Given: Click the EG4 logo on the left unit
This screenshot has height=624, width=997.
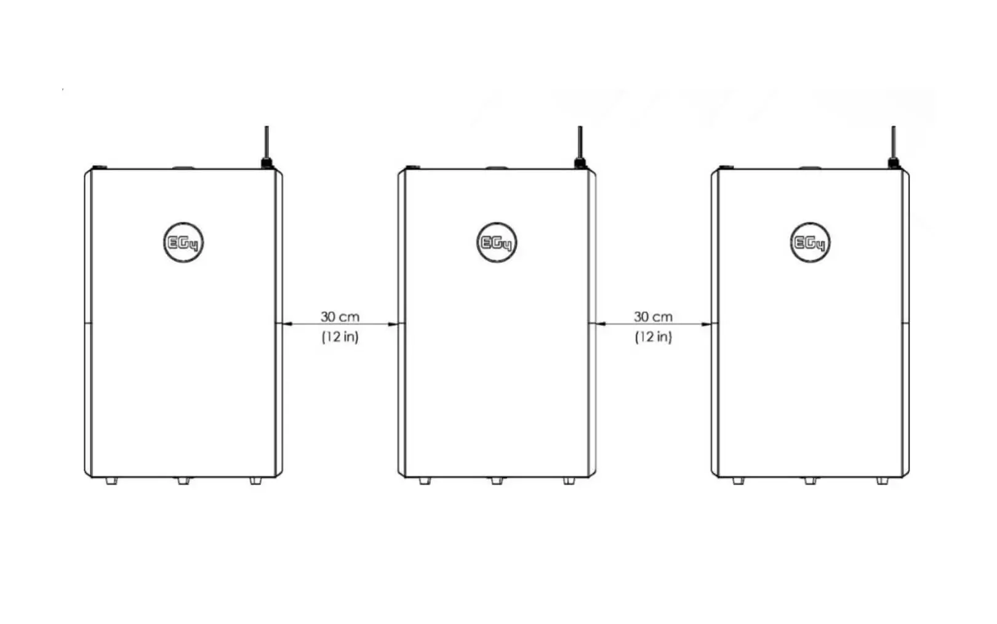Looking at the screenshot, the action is coord(183,242).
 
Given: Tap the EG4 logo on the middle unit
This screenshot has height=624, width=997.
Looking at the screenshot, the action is coord(497,242).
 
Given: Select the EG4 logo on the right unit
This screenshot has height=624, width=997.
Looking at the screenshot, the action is coord(810,242).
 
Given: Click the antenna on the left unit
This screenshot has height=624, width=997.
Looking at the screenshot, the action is coord(267,147).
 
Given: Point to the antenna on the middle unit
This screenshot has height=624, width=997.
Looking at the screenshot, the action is coord(580,147).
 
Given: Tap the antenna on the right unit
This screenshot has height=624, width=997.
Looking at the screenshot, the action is coord(893,147).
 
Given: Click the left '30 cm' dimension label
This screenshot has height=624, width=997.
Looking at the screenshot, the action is coord(340,317).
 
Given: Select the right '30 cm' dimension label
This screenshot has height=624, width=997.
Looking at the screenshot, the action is coord(654,317).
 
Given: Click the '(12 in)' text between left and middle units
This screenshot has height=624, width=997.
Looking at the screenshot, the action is coord(340,337).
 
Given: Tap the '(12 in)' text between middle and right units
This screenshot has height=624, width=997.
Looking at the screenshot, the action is coord(654,337).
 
